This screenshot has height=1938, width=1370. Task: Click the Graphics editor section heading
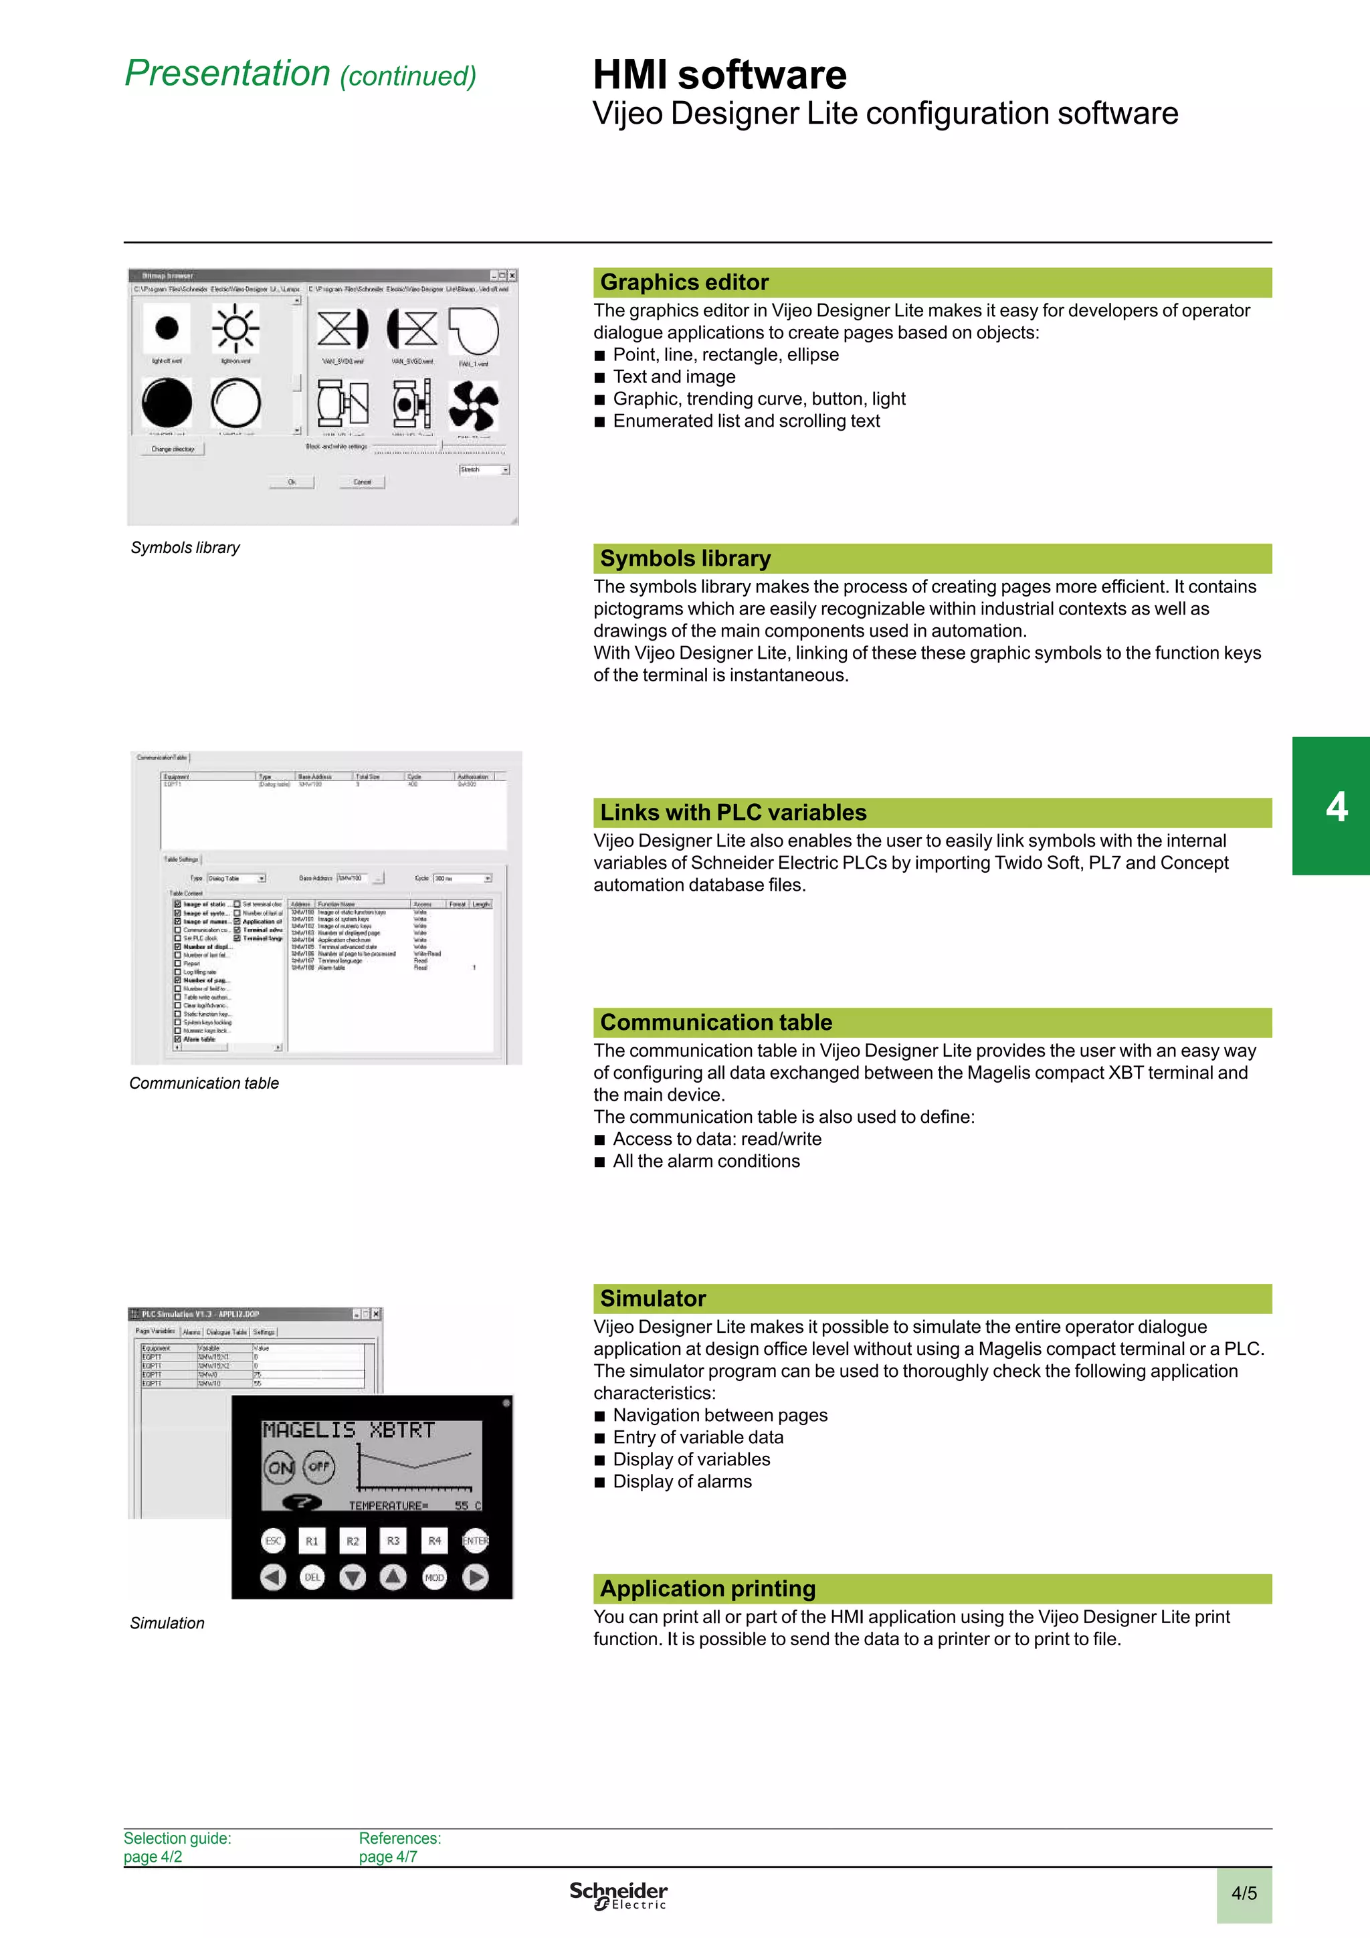point(684,282)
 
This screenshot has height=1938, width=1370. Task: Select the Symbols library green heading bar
point(932,558)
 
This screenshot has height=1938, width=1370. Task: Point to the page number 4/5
point(1244,1893)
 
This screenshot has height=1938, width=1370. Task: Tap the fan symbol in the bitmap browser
point(474,405)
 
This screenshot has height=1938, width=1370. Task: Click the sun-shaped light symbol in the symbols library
point(235,328)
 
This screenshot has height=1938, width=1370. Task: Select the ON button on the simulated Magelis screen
point(280,1468)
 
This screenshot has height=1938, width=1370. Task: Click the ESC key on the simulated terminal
point(273,1541)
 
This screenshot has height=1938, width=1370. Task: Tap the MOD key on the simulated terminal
point(434,1577)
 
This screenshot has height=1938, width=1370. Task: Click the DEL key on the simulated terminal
point(312,1577)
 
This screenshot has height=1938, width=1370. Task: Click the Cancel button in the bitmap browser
point(362,482)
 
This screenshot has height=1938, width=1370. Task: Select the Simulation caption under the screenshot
point(167,1623)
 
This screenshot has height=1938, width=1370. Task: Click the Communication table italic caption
point(203,1083)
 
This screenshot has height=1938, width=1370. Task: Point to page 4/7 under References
point(387,1856)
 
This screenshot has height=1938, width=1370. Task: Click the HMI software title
point(719,74)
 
